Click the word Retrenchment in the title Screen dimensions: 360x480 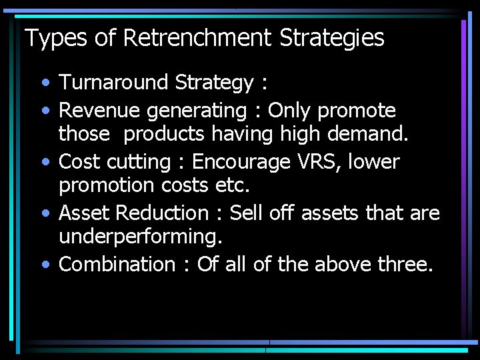197,38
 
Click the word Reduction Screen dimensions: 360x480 163,213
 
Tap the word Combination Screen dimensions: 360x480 117,264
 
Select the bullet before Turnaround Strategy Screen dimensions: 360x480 45,84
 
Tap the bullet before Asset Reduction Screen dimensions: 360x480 45,214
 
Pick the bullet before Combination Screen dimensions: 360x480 45,265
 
